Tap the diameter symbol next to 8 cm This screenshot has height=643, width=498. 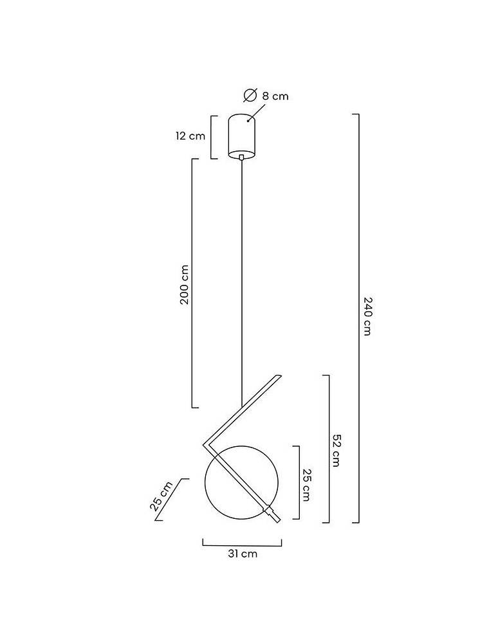pos(250,95)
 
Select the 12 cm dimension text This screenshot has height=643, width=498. pos(190,136)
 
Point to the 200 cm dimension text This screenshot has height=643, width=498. pos(185,284)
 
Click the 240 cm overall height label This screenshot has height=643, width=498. pos(367,316)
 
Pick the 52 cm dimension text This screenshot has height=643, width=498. pos(336,450)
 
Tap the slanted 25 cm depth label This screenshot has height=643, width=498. pos(161,496)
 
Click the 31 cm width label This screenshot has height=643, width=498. pos(243,554)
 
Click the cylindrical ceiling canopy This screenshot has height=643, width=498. pos(242,136)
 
